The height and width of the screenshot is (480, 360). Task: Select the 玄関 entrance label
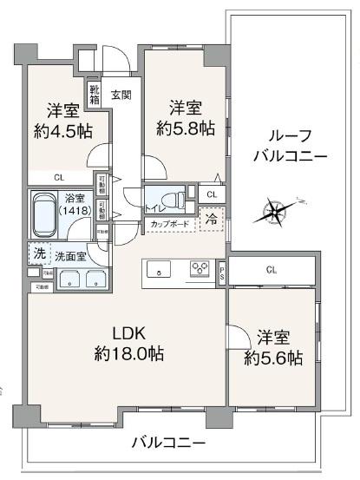(121, 95)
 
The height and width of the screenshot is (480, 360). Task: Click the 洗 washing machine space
(38, 254)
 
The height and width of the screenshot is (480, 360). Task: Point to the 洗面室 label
(70, 256)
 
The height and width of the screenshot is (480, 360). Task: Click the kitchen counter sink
(161, 269)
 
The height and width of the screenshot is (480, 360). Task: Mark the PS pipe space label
(221, 273)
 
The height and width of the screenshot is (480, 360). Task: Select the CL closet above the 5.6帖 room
(272, 271)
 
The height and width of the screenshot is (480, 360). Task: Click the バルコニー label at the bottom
(168, 442)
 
